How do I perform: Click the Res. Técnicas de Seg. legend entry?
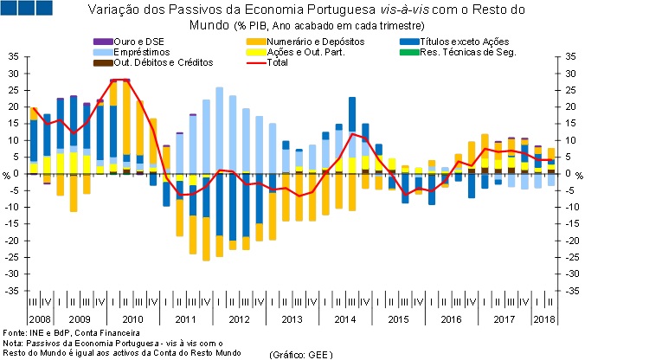[466, 53]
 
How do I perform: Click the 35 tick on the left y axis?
[13, 56]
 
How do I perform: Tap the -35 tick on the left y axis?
[11, 291]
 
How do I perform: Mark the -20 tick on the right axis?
[572, 241]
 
